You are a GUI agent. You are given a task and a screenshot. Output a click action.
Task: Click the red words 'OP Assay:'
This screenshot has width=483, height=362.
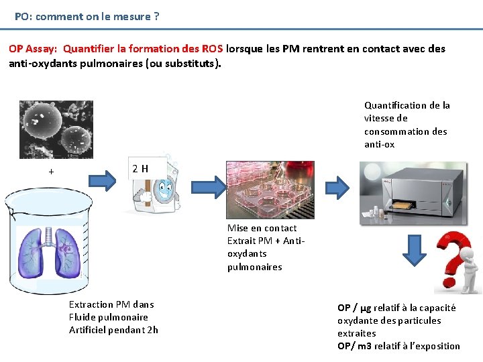(33, 49)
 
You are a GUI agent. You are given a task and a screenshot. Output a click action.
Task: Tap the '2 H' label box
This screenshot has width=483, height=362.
(140, 168)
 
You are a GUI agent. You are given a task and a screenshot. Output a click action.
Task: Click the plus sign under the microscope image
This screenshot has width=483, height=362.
(51, 172)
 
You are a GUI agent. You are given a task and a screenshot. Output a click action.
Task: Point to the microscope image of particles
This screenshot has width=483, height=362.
(56, 129)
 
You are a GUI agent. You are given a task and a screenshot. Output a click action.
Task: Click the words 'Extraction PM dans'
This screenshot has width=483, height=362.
(111, 304)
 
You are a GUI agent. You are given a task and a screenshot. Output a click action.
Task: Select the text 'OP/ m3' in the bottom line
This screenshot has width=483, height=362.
(353, 346)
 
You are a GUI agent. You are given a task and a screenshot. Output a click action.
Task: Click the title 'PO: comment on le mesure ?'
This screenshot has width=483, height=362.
(87, 16)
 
